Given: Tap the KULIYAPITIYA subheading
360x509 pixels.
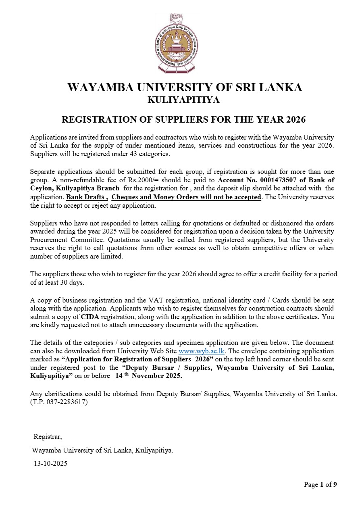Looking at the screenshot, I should coord(184,100).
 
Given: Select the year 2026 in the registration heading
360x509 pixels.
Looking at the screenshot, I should coord(296,120).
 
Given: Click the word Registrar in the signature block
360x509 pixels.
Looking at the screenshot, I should coord(48,436).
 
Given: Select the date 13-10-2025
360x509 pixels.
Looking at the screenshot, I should coord(50,463).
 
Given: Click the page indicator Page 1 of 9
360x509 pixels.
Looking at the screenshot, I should coord(320,484).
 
